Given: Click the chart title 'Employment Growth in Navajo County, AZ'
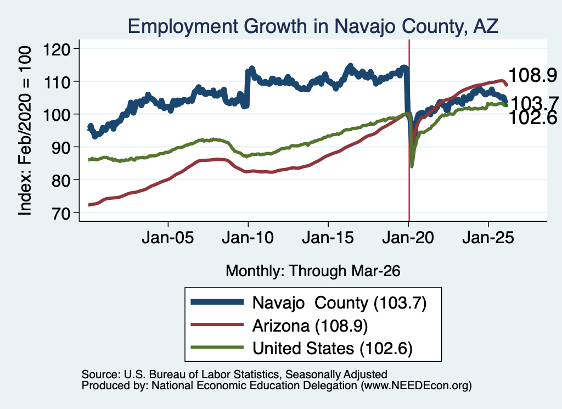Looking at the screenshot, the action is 313,26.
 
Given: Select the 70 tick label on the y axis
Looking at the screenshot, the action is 60,213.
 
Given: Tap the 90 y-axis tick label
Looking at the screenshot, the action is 60,147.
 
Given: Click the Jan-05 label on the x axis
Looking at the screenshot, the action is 168,237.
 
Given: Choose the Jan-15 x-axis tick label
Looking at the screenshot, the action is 328,237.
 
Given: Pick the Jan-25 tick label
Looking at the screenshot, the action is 488,237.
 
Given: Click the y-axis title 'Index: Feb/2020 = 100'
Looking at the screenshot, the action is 25,131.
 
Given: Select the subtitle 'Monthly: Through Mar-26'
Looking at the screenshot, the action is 313,271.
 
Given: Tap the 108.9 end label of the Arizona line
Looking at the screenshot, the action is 532,75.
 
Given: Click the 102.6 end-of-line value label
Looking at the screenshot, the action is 532,118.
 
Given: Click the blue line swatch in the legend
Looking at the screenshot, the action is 217,302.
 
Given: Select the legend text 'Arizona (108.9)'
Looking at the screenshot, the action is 310,326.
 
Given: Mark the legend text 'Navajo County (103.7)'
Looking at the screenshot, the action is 339,303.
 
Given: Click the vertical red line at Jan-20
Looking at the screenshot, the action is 409,130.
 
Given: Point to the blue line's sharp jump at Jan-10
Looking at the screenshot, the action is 247,88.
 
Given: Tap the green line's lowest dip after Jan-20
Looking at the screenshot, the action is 412,166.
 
